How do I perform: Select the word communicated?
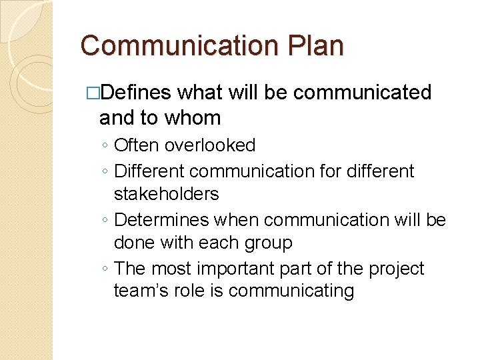click(x=363, y=93)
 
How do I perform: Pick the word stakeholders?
click(x=167, y=194)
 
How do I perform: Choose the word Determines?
click(x=162, y=219)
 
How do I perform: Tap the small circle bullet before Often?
click(x=106, y=146)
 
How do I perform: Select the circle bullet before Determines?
click(x=106, y=221)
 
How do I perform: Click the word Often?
click(x=137, y=145)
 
